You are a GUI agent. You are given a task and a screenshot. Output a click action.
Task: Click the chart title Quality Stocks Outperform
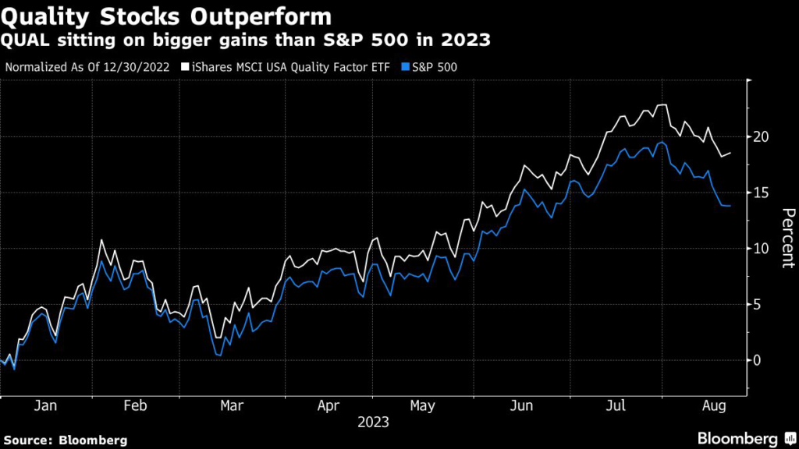165,16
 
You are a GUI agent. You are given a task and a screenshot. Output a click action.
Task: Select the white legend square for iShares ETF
184,67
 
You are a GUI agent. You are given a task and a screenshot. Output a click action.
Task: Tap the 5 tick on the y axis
762,305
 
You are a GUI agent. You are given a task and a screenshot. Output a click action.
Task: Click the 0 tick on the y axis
762,360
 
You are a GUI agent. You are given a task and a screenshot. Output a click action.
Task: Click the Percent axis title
788,238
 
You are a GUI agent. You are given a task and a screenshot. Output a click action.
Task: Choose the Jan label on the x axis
46,406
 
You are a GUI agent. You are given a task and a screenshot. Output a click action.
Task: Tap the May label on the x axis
422,406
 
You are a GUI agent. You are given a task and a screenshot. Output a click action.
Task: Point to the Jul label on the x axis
617,406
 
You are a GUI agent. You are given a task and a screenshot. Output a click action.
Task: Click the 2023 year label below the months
373,423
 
